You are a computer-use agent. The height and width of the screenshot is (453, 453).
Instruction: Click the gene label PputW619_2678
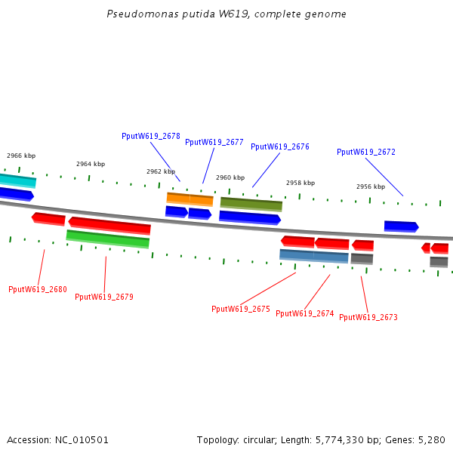tap(151, 136)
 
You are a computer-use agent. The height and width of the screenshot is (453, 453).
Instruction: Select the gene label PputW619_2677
tap(214, 142)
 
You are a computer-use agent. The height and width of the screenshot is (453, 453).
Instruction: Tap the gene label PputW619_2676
tap(280, 146)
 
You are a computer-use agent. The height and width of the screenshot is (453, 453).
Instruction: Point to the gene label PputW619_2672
tap(366, 152)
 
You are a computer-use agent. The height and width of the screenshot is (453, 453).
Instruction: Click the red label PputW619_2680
tap(38, 289)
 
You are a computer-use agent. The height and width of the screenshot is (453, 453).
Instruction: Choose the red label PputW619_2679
tap(104, 297)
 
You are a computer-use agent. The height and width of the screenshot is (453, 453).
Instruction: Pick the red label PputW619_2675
tap(241, 309)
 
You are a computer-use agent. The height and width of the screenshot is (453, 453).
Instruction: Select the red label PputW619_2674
tap(305, 313)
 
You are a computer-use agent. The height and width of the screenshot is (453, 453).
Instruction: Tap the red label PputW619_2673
tap(368, 317)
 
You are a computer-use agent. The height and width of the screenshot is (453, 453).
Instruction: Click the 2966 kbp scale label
tap(21, 156)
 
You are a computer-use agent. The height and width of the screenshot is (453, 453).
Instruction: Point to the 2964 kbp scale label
tap(91, 164)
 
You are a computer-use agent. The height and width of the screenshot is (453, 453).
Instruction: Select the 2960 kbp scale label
tap(230, 177)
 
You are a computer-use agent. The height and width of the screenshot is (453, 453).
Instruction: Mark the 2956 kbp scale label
tap(371, 186)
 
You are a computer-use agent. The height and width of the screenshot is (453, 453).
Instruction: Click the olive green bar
tap(251, 204)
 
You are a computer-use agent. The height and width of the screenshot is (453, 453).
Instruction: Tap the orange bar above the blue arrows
tap(190, 199)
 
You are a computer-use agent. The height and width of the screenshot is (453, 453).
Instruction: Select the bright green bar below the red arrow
tap(108, 239)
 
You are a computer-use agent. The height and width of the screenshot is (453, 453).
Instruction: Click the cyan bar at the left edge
tap(17, 180)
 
